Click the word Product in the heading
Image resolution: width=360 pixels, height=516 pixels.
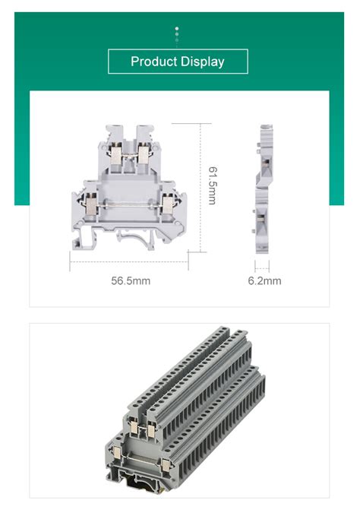(x=153, y=62)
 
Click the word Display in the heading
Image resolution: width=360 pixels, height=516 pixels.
(x=201, y=62)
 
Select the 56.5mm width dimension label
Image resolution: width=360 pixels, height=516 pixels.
(x=131, y=280)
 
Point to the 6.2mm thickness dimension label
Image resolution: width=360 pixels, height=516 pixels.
(x=264, y=280)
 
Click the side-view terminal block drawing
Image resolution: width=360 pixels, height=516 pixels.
(x=263, y=186)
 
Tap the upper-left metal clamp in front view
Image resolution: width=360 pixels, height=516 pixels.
(x=116, y=156)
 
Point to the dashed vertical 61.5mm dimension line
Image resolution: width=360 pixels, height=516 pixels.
(x=200, y=186)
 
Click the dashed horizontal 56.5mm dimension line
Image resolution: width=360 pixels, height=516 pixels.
(x=129, y=261)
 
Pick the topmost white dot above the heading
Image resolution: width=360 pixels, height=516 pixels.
(x=177, y=27)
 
